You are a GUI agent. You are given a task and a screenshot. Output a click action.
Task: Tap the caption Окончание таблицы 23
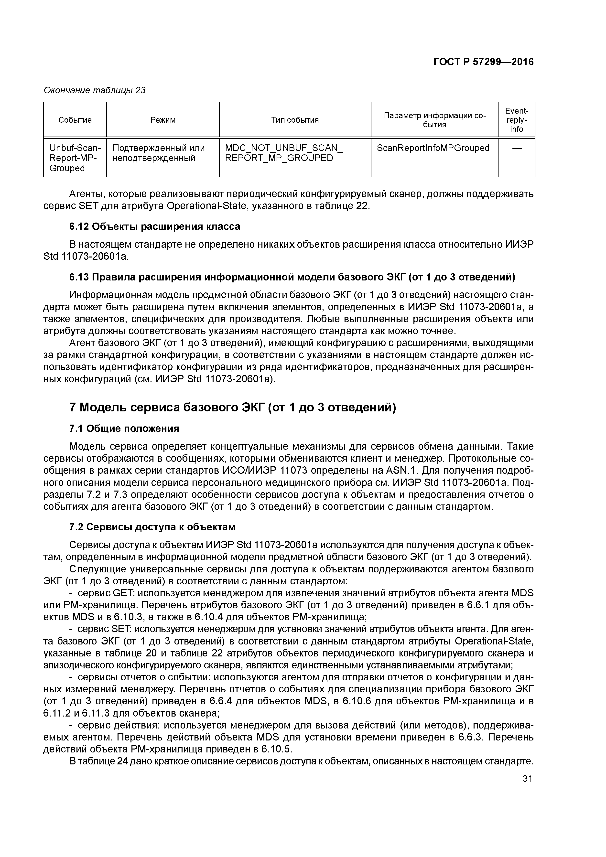95,90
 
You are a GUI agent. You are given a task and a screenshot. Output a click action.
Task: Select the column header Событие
75,120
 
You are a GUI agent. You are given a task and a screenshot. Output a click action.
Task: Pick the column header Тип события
295,120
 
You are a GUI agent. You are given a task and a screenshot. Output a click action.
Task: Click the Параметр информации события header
435,120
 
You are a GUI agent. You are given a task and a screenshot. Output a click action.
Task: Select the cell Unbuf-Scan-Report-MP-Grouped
75,158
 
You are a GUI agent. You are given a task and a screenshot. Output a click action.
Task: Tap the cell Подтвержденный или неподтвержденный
159,153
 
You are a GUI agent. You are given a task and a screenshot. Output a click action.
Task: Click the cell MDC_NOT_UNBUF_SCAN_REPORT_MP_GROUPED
284,153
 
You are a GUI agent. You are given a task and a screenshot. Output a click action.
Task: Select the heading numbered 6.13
292,277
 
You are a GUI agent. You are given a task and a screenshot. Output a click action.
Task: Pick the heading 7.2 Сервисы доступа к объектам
152,527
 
